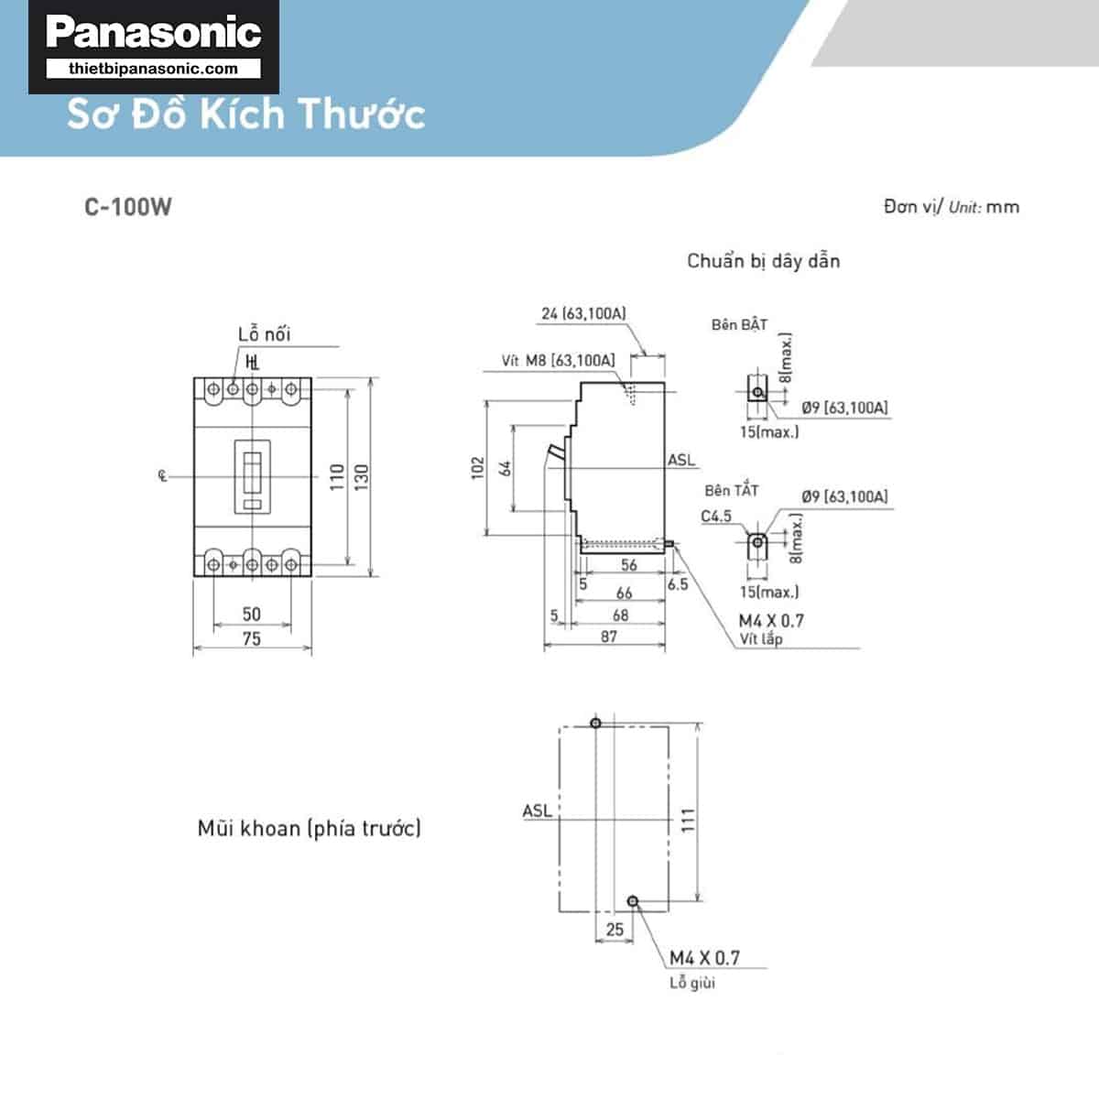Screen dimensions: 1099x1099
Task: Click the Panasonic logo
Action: point(154,33)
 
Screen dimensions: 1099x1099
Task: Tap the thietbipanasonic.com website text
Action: point(153,69)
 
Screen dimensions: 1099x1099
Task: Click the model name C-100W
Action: point(128,207)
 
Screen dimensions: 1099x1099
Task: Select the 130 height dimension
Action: point(362,476)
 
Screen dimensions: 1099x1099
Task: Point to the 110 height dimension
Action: point(337,476)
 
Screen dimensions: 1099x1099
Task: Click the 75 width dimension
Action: point(252,638)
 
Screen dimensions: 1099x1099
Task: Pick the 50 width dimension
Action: point(252,614)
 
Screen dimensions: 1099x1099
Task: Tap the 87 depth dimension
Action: point(609,636)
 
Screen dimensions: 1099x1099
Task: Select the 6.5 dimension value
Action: point(678,584)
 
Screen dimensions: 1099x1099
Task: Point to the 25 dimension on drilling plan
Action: point(615,929)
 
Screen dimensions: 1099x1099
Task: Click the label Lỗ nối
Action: point(264,334)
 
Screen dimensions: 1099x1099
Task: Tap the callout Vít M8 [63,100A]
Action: point(558,361)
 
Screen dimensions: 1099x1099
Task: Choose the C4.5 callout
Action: point(716,517)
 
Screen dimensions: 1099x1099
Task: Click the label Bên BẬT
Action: point(739,325)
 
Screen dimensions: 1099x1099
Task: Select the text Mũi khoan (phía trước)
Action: point(310,829)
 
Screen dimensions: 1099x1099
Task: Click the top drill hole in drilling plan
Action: point(596,724)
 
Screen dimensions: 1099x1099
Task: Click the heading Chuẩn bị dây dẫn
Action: point(763,261)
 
